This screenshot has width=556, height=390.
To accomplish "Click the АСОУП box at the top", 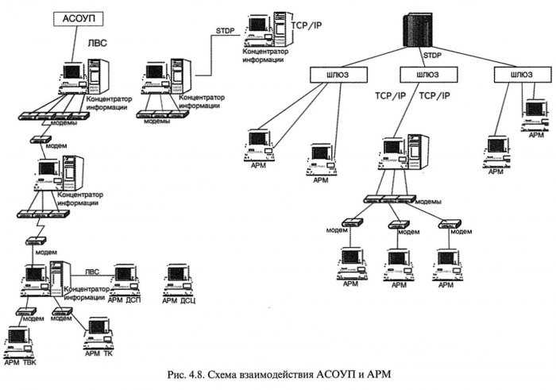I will pos(79,20).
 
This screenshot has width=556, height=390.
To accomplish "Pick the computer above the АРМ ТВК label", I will pos(18,340).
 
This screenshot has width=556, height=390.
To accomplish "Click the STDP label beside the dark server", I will pos(432,56).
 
